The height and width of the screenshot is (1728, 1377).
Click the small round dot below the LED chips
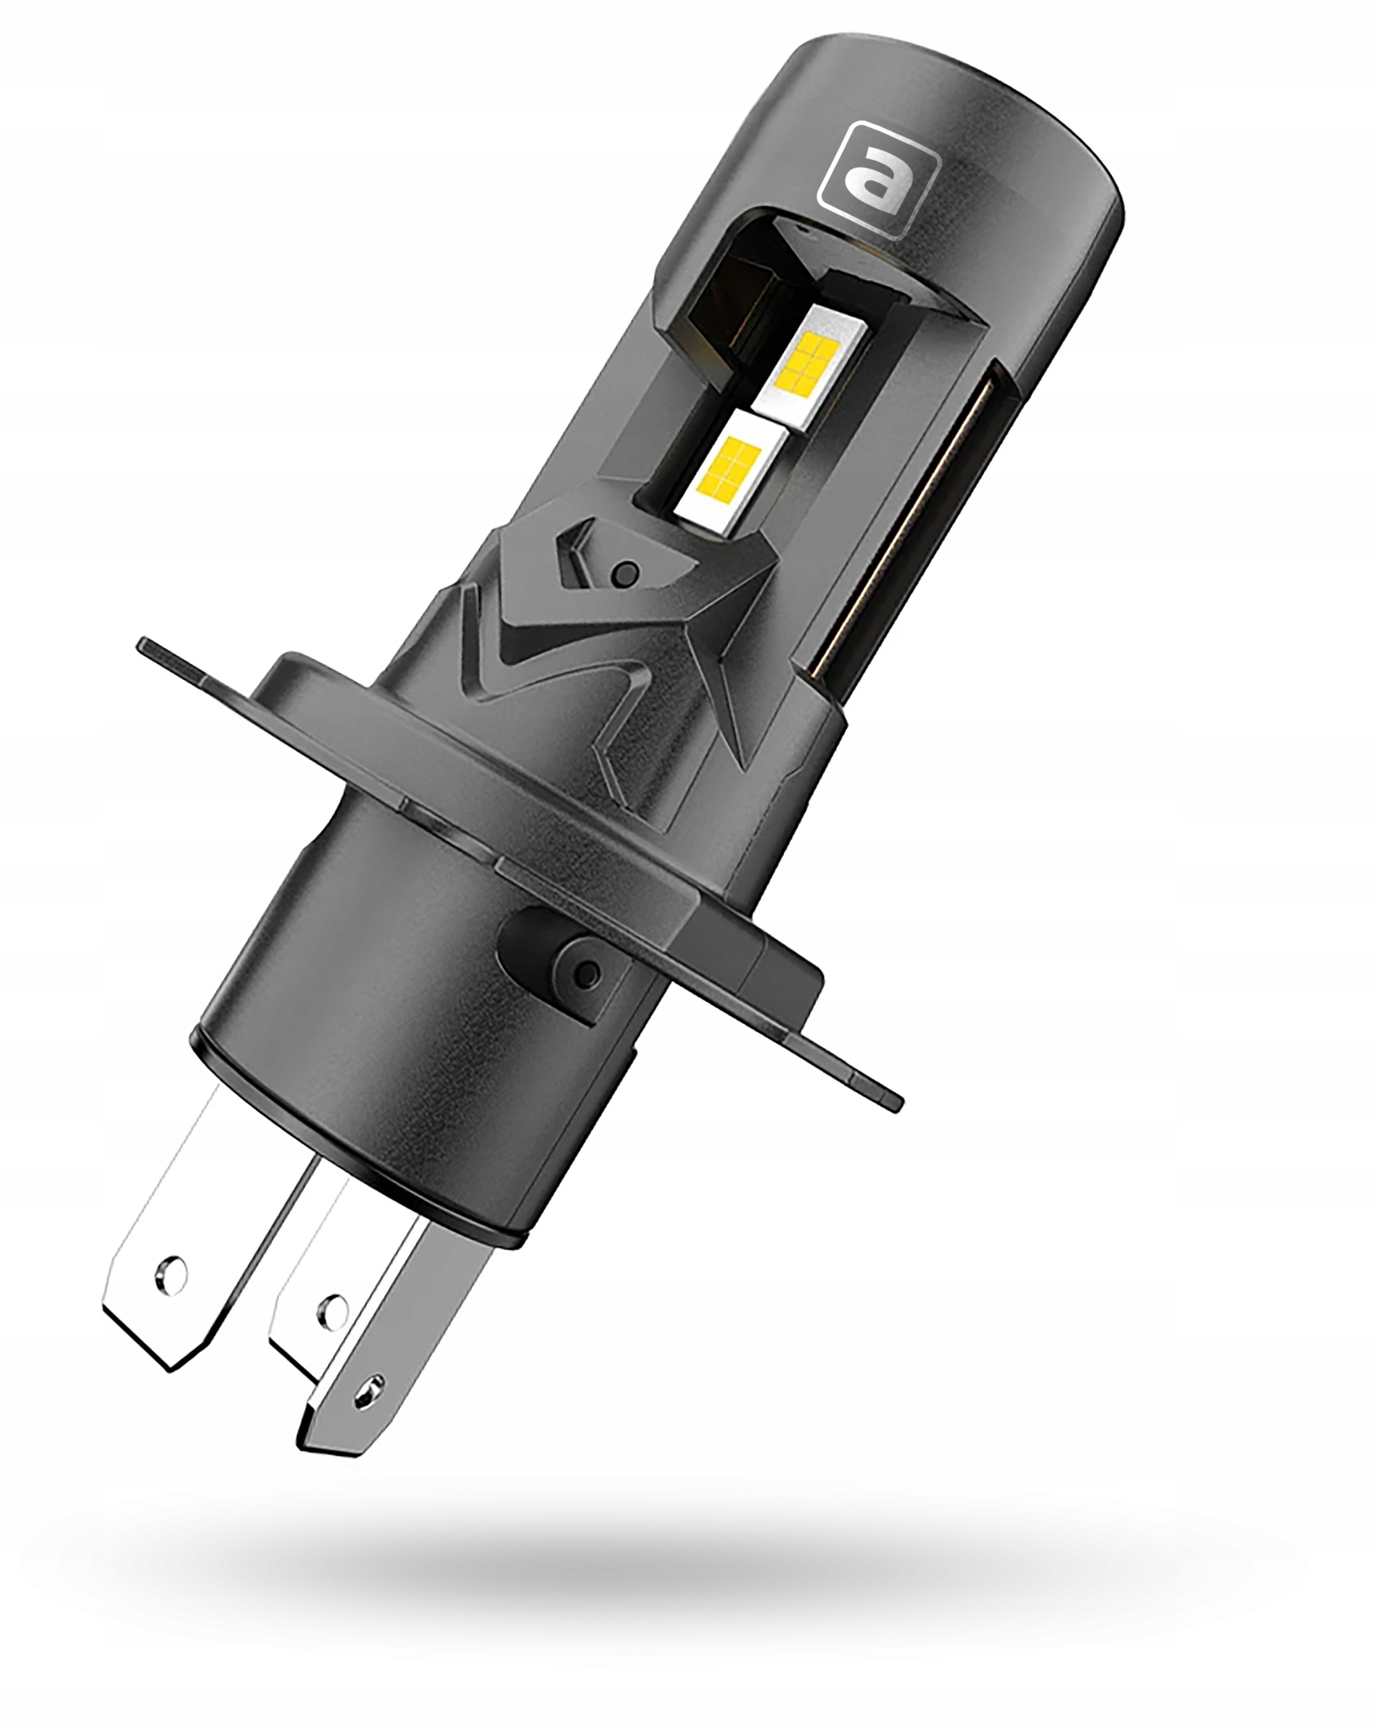click(x=625, y=574)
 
